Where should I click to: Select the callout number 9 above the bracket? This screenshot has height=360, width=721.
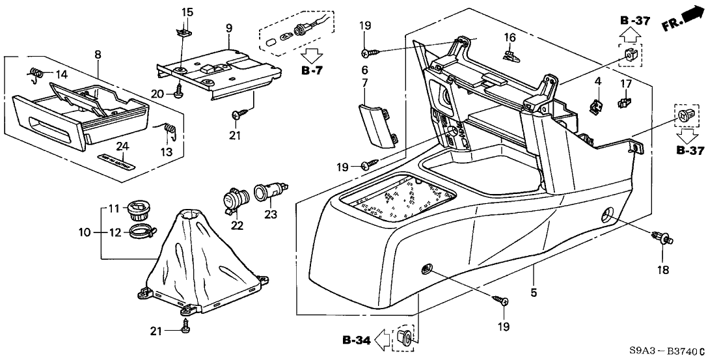tap(229, 28)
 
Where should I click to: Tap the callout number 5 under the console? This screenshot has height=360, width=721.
tap(534, 294)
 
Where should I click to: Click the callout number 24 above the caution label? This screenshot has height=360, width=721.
tap(120, 145)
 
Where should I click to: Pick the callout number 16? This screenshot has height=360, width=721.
tap(511, 38)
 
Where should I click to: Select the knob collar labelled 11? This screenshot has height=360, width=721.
tap(137, 210)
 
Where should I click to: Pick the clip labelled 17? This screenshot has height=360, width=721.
tap(623, 102)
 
